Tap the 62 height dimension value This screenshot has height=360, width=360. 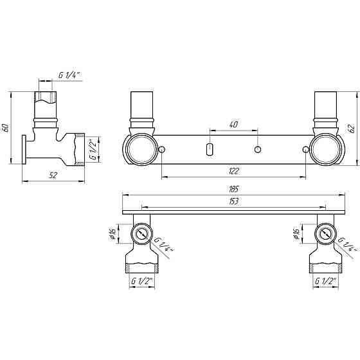pyautogui.click(x=351, y=128)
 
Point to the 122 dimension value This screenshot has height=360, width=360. pyautogui.click(x=233, y=172)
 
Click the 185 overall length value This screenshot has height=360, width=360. pyautogui.click(x=233, y=189)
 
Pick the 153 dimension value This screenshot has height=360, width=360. pyautogui.click(x=233, y=201)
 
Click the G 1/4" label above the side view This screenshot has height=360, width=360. pyautogui.click(x=69, y=75)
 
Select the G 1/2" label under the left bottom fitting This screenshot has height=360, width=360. pyautogui.click(x=141, y=282)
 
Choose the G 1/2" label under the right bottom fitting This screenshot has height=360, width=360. pyautogui.click(x=325, y=282)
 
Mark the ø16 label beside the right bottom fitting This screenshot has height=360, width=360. pyautogui.click(x=296, y=234)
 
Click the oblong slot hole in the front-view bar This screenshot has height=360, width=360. pyautogui.click(x=209, y=150)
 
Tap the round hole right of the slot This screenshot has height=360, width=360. pyautogui.click(x=257, y=150)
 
